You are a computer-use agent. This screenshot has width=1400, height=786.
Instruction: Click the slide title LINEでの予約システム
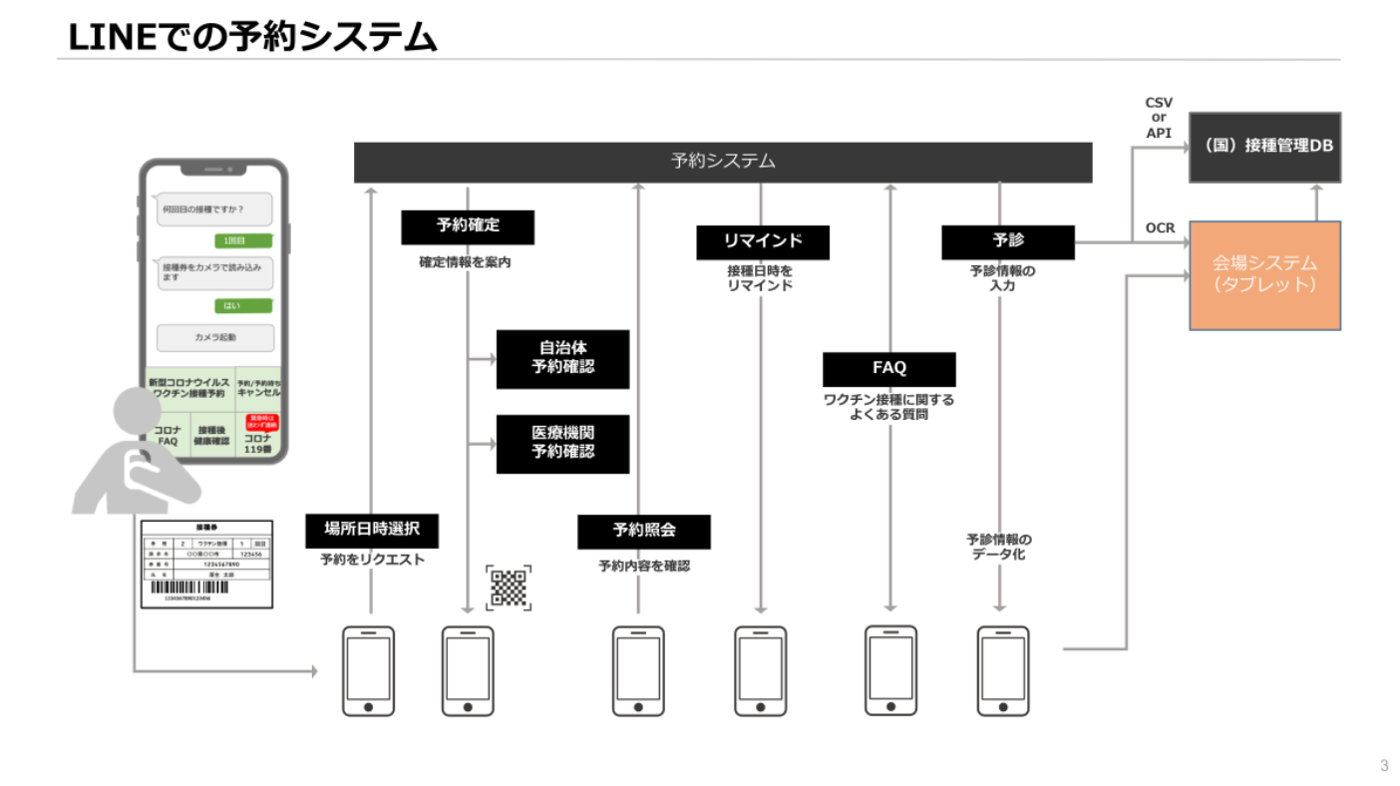[252, 36]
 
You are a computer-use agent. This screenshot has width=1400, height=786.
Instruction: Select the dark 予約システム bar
[723, 162]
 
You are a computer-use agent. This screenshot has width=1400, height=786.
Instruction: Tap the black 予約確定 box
[468, 226]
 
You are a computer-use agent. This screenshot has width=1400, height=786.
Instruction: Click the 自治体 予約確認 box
[562, 358]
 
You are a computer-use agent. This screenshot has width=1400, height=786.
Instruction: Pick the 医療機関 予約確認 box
[562, 443]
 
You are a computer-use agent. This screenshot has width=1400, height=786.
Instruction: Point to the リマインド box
[762, 241]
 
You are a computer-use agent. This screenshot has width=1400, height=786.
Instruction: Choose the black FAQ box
[888, 368]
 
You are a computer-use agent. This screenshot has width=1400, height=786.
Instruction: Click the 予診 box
[1007, 241]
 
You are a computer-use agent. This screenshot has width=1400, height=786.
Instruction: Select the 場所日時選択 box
[371, 531]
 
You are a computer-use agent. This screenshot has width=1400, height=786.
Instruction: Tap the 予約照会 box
[643, 531]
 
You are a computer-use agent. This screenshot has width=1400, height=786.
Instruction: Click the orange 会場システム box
[1264, 275]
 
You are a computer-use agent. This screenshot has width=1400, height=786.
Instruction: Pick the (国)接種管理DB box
[1264, 147]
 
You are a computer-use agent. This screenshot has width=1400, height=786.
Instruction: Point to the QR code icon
[509, 587]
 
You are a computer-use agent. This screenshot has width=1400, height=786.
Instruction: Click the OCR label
[1160, 228]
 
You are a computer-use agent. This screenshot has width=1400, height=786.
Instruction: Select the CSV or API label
[1159, 118]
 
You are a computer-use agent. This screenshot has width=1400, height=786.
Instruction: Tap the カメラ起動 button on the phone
[215, 338]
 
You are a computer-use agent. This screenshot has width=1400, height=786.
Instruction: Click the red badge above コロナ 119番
[258, 423]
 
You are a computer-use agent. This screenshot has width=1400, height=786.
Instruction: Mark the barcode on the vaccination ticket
[188, 588]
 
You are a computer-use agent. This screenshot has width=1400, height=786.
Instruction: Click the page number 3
[1383, 765]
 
